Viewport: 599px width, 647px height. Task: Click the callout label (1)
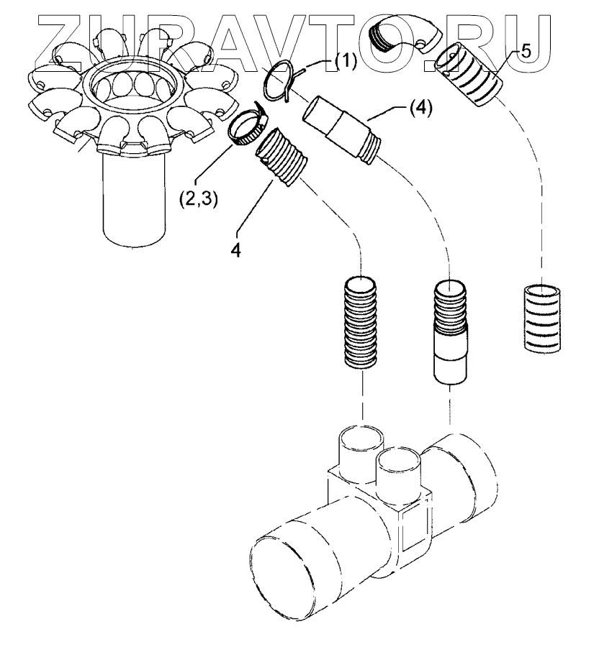[x=345, y=63]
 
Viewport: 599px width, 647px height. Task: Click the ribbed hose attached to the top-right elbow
[x=474, y=74]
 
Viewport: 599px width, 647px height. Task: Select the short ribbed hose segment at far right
[x=541, y=317]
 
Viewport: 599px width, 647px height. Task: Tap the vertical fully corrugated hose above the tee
[x=360, y=321]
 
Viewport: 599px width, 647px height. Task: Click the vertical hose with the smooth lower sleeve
[x=450, y=331]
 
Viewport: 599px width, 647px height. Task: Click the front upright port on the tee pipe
[x=398, y=474]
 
